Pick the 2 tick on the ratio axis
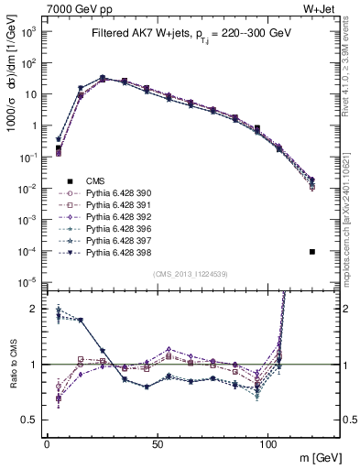coord(33,309)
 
